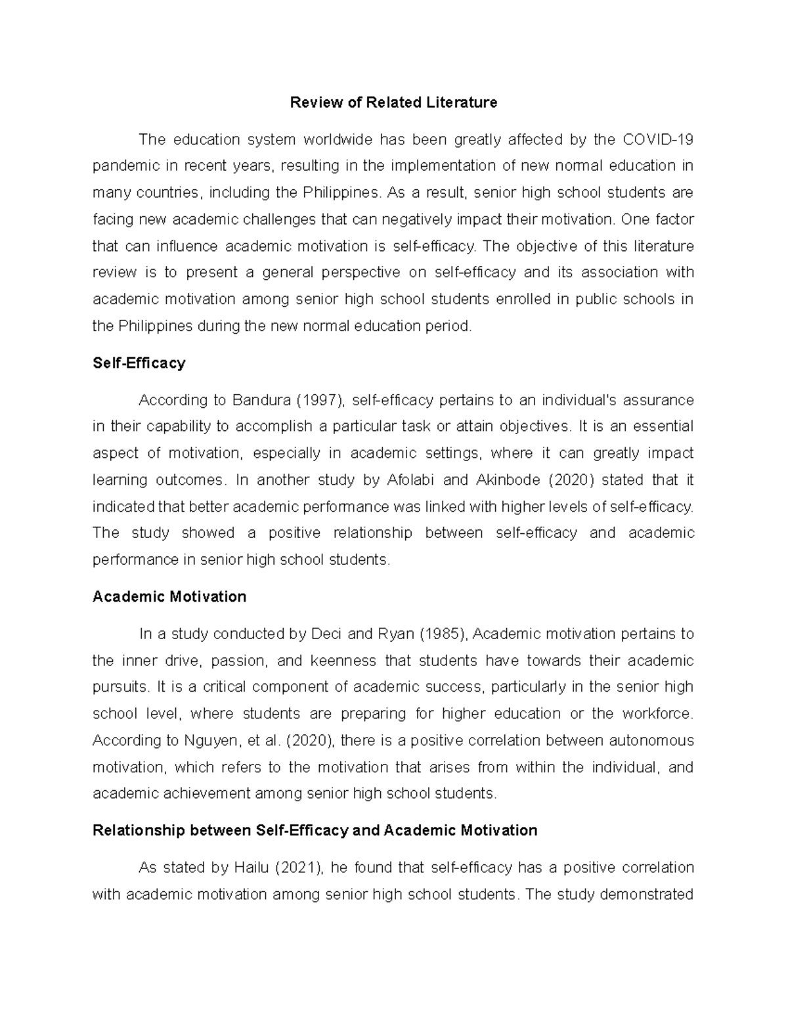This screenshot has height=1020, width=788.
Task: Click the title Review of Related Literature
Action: pos(393,102)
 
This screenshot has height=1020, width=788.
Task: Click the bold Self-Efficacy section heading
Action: pos(139,363)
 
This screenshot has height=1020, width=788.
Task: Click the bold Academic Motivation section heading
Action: pos(169,597)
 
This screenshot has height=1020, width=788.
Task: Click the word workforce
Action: pos(657,714)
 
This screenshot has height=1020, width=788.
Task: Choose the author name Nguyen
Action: pos(210,741)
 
